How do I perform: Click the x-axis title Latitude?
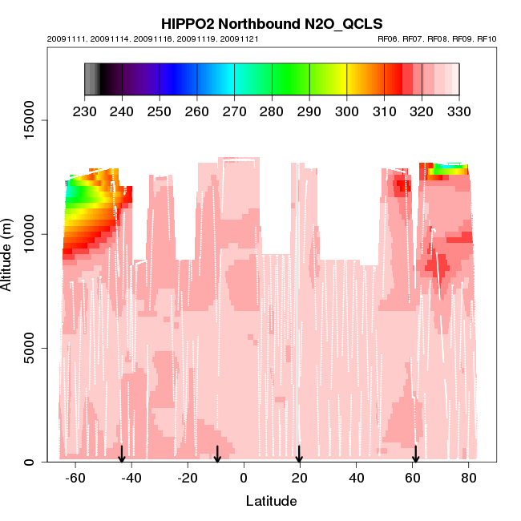pos(271,502)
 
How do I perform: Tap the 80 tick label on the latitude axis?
pos(470,477)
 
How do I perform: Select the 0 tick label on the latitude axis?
pos(244,477)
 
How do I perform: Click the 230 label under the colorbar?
pos(84,111)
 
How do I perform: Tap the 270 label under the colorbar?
pos(235,111)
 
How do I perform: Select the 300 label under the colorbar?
pos(347,111)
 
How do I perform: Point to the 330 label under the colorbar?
pos(459,111)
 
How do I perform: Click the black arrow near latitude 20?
pos(299,454)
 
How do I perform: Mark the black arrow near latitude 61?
pos(416,454)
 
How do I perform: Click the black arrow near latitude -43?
pos(122,454)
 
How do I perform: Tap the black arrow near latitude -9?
pos(217,454)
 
